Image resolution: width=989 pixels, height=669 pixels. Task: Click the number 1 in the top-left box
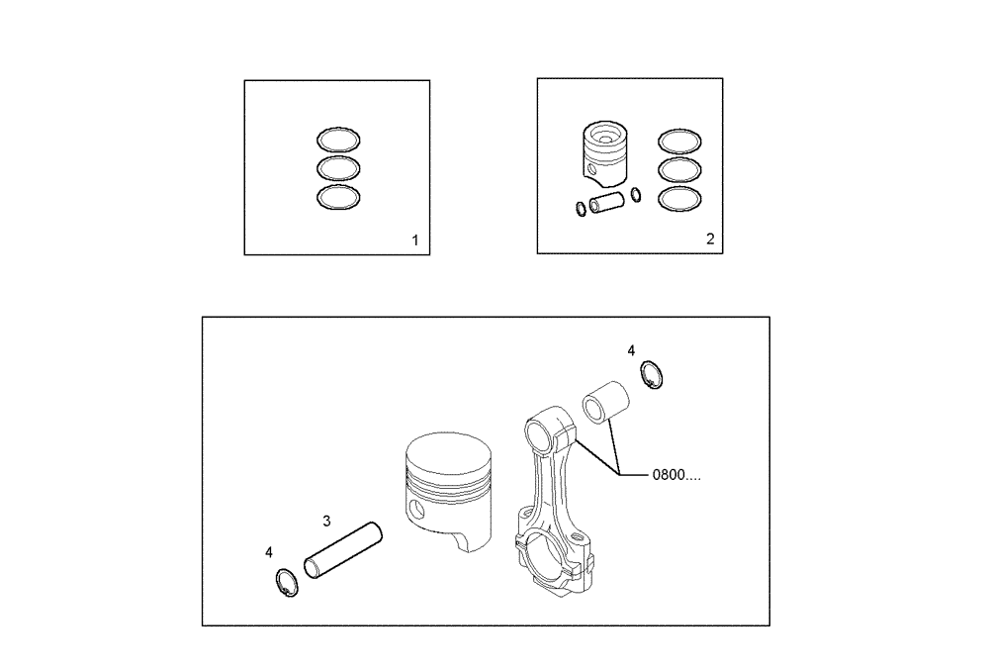click(x=415, y=240)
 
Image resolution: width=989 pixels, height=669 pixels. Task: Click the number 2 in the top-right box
click(x=709, y=239)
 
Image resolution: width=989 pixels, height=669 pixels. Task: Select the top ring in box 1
click(x=338, y=140)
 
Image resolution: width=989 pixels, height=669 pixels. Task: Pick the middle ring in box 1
click(x=338, y=168)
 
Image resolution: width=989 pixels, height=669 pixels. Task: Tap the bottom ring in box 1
click(x=338, y=198)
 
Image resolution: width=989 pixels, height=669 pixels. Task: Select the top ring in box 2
click(x=679, y=141)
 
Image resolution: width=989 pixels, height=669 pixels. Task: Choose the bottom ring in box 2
click(x=679, y=198)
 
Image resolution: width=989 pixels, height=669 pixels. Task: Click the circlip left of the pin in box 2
click(x=578, y=208)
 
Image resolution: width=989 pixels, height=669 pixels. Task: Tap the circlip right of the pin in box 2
click(x=635, y=194)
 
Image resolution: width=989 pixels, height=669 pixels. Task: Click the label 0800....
click(x=676, y=476)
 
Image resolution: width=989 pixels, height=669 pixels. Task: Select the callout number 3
click(x=326, y=520)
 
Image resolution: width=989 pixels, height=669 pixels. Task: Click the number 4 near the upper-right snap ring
click(x=632, y=350)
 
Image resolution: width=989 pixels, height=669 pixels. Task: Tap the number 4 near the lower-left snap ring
click(x=269, y=552)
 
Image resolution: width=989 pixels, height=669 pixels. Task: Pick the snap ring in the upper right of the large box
click(x=651, y=376)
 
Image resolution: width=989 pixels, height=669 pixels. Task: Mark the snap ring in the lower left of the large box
click(x=284, y=584)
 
